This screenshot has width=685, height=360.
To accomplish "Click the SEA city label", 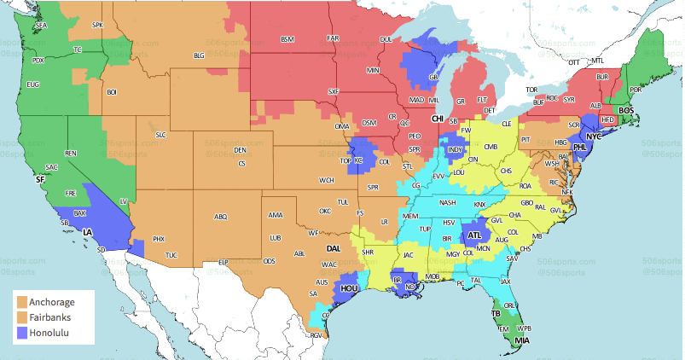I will point(41,26).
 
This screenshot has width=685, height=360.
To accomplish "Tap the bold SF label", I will point(39,180).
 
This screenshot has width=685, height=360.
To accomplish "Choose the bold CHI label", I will point(438,119).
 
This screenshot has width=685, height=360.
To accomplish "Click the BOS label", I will point(626,110).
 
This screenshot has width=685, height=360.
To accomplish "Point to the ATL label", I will point(474,235).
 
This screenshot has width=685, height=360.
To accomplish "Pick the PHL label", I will point(580,148).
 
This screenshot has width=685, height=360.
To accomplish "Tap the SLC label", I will point(160,135).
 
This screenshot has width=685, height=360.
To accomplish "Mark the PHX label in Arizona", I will point(158,239).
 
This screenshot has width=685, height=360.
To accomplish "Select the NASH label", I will point(447,202).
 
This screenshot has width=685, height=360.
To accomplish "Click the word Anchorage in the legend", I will point(51,302).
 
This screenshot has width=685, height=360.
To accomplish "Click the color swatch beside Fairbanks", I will point(21,316).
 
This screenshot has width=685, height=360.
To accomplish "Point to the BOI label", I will point(111,91).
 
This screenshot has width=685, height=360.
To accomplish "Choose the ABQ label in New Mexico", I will point(221,217).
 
